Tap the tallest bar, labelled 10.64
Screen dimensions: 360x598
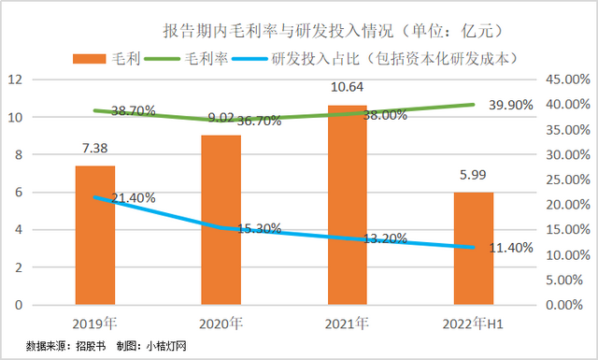click(348, 205)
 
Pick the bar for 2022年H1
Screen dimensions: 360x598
click(474, 249)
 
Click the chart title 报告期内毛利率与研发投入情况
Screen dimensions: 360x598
click(308, 32)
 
